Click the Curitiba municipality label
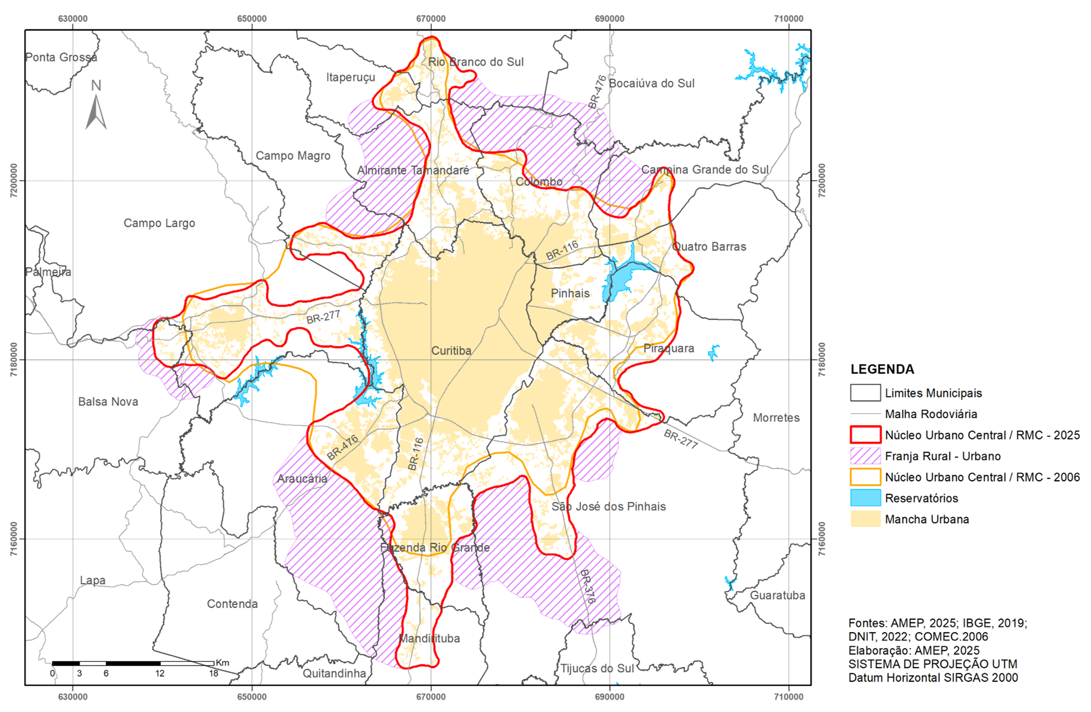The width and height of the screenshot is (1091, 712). point(451,351)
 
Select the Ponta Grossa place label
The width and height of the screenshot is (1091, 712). point(61,57)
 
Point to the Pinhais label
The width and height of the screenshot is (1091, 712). point(570,293)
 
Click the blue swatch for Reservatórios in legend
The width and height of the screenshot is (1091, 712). point(865,498)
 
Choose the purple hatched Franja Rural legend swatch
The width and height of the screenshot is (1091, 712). point(865,456)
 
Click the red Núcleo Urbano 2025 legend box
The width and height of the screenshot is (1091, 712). point(865,435)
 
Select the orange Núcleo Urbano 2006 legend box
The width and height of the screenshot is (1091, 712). point(865,477)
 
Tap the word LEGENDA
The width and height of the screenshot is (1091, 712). point(882,369)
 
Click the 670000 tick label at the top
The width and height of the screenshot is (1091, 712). point(430,19)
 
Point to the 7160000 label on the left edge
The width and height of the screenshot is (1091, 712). point(14,538)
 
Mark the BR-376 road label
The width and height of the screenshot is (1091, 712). point(588,587)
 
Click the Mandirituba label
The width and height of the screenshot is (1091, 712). point(429,638)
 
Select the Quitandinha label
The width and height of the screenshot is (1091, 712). point(334,673)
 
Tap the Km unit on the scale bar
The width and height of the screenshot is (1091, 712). point(222,662)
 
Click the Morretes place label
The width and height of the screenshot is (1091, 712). point(776,418)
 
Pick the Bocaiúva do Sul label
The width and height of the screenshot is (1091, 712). point(651,83)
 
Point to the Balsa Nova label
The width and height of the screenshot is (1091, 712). point(108,401)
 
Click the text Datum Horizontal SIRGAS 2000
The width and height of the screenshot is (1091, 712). point(933,677)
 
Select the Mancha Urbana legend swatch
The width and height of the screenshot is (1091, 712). point(865,519)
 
